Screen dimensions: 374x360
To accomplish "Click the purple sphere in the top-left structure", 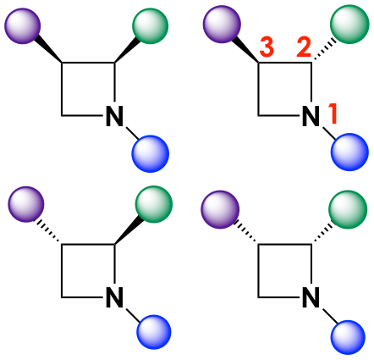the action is (x=23, y=26).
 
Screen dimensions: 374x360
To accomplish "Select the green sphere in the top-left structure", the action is (x=150, y=26).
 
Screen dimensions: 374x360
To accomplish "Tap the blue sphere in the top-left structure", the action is (x=150, y=154).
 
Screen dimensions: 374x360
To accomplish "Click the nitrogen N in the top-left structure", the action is (x=114, y=116).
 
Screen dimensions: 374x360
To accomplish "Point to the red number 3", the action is (x=267, y=47).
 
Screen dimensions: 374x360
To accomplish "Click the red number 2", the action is (x=304, y=47).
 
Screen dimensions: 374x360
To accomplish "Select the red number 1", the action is (x=333, y=114).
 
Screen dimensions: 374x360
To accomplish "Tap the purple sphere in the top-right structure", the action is (x=222, y=25).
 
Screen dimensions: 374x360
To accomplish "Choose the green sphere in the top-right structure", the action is (x=349, y=25).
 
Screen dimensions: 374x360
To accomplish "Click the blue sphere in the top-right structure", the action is (x=349, y=152).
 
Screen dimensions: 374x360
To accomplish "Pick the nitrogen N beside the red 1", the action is (x=311, y=116).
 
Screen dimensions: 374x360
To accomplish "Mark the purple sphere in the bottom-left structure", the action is (x=26, y=204).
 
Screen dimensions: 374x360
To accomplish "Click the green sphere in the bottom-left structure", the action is (x=154, y=204).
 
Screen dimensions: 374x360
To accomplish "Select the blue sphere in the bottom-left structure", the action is (x=154, y=332).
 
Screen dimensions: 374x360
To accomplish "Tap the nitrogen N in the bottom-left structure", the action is (x=114, y=297).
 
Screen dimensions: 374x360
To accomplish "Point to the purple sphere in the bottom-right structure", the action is (x=220, y=209).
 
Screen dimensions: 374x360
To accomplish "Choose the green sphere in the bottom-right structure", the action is (x=348, y=209).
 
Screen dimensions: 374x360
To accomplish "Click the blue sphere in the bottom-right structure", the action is (x=348, y=337).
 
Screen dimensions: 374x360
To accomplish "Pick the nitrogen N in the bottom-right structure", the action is (x=311, y=297).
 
